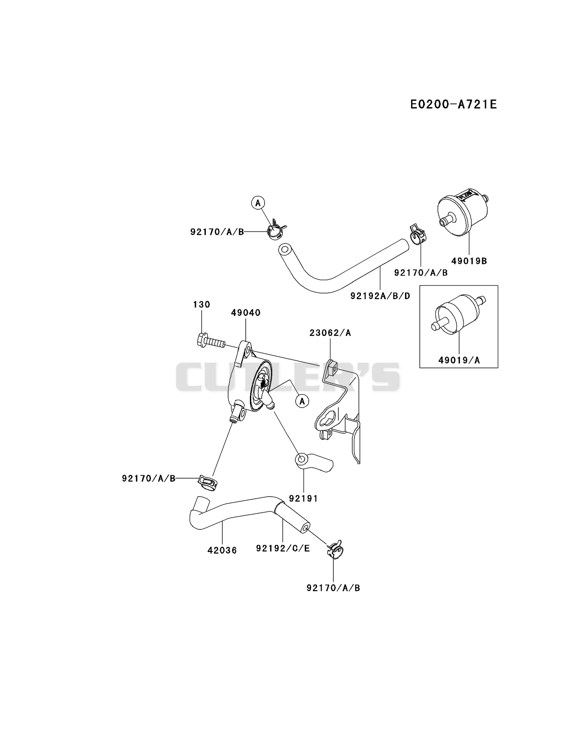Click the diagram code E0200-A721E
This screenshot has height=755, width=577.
453,104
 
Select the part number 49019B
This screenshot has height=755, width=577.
469,261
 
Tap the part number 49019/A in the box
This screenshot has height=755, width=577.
459,360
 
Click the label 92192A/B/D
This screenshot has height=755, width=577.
380,296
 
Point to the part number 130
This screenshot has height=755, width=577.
202,305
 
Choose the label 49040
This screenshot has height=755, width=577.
246,313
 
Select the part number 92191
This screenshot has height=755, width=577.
303,499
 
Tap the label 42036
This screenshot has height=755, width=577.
222,550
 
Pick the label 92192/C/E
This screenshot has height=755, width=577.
283,549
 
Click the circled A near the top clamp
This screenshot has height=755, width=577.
258,203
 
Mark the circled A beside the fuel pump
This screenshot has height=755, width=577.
302,401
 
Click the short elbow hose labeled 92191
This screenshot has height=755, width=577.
314,462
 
